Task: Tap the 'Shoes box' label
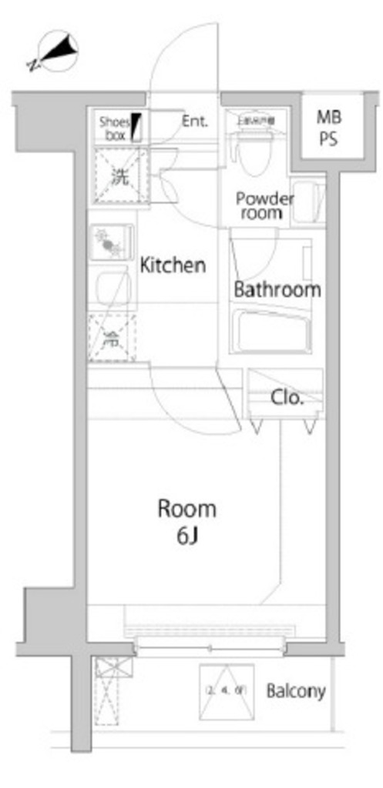click(x=114, y=128)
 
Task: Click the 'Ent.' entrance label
click(x=196, y=121)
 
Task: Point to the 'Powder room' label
click(x=264, y=205)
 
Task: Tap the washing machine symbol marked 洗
click(x=119, y=176)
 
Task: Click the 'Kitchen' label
click(x=173, y=266)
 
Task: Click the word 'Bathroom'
click(x=277, y=290)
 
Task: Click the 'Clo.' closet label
click(x=287, y=398)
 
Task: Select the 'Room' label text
click(x=186, y=509)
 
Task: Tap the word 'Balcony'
click(x=296, y=691)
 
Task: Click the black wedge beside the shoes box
click(x=137, y=127)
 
